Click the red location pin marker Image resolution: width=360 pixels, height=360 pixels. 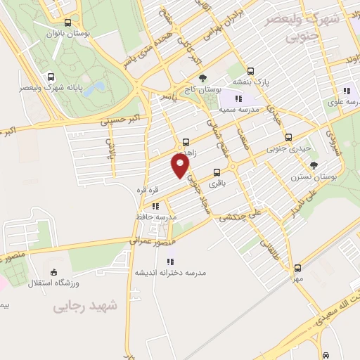(x=181, y=166)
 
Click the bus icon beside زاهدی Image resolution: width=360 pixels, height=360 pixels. (x=185, y=140)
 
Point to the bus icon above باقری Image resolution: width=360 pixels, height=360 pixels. (x=216, y=171)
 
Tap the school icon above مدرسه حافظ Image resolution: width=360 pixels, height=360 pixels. (x=155, y=207)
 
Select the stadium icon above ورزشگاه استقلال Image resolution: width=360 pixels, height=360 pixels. (x=54, y=273)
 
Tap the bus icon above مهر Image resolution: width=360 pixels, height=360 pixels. (x=297, y=268)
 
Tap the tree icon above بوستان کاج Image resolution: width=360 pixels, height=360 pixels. (x=202, y=78)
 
